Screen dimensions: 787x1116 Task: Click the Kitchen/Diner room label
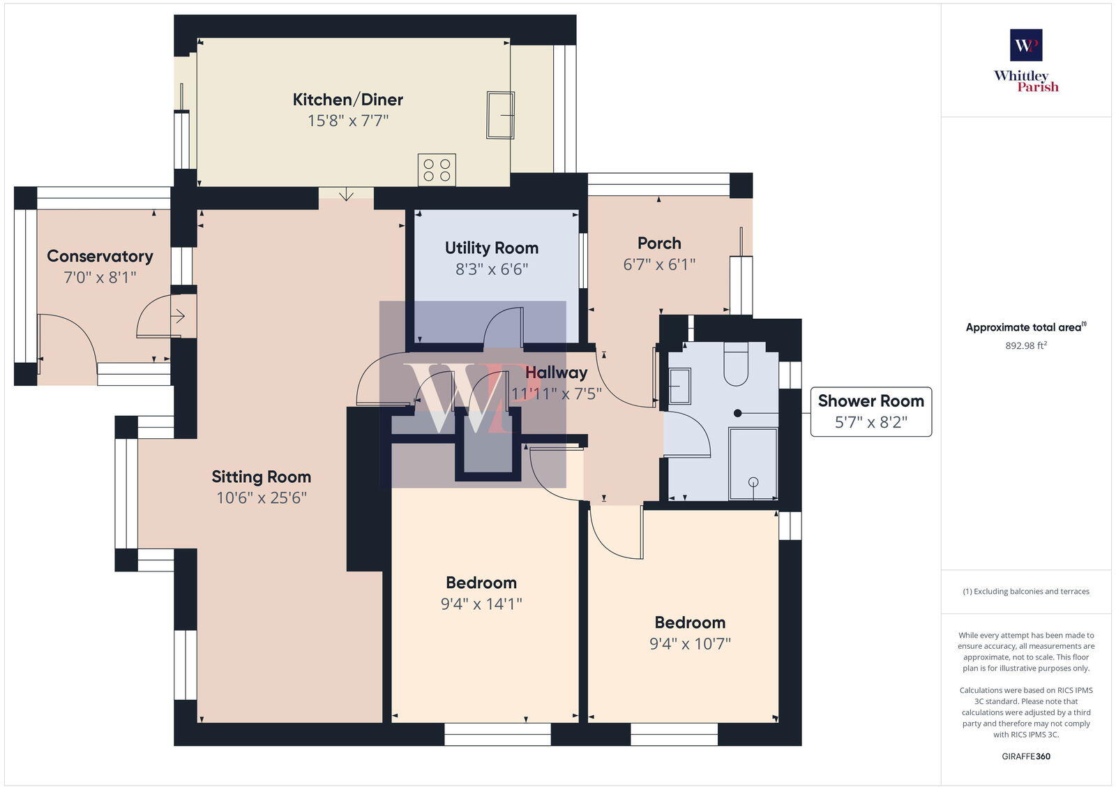347,100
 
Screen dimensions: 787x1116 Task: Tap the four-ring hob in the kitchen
437,170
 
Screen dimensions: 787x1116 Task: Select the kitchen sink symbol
500,115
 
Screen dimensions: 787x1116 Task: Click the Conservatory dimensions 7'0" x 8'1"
100,278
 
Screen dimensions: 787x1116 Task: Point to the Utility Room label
491,248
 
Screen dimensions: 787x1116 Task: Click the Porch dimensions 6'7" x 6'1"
659,264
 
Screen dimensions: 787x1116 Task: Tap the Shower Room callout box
870,412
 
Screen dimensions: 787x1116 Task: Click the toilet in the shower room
736,363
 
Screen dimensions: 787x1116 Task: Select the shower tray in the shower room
753,463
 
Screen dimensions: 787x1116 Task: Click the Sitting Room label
261,477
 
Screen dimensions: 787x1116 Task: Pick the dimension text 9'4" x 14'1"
481,604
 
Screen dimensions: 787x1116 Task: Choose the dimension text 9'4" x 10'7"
690,644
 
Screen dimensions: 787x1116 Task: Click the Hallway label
556,373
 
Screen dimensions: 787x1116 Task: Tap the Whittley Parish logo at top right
1026,61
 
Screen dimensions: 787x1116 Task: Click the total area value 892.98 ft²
1025,345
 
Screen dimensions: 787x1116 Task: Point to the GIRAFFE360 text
1025,756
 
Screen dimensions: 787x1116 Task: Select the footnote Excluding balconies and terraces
1025,592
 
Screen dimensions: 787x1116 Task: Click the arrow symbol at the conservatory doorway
178,317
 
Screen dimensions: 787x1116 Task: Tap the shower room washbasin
679,386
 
